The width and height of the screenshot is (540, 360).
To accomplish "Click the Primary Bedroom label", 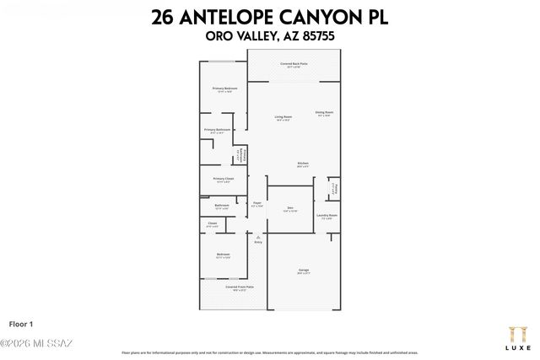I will pyautogui.click(x=224, y=89).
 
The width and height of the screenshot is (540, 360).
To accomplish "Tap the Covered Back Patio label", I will pyautogui.click(x=294, y=64).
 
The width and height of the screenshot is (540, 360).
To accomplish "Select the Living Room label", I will pyautogui.click(x=283, y=117).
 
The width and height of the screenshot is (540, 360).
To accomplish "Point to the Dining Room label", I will pyautogui.click(x=325, y=113).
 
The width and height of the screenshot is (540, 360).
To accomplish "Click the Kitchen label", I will pyautogui.click(x=303, y=164).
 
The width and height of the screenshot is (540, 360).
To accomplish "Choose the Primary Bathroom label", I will pyautogui.click(x=218, y=131).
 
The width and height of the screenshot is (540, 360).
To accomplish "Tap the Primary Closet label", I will pyautogui.click(x=223, y=179).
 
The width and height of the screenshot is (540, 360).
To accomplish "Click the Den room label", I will pyautogui.click(x=289, y=208).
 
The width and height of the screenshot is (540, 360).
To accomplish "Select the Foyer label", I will pyautogui.click(x=257, y=204).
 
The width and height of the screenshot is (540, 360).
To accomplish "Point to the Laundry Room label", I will pyautogui.click(x=327, y=216).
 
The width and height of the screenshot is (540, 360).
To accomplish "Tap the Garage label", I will pyautogui.click(x=303, y=271).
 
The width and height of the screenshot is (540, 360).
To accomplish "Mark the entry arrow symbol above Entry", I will pyautogui.click(x=258, y=236).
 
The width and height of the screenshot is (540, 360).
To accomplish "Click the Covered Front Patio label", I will pyautogui.click(x=240, y=287).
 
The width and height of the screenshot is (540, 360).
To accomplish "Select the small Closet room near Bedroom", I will pyautogui.click(x=212, y=224).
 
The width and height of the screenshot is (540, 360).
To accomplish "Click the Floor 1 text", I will pyautogui.click(x=20, y=323).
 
